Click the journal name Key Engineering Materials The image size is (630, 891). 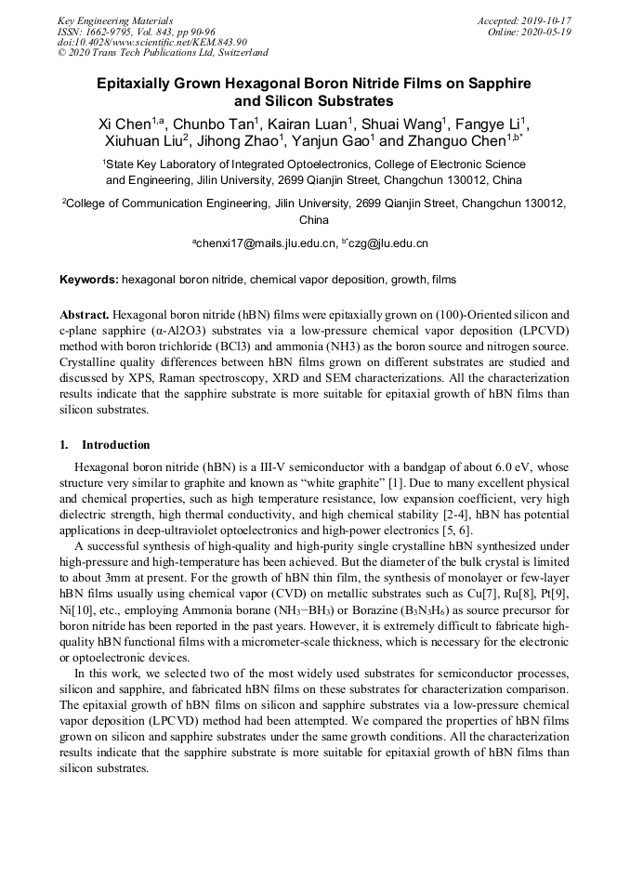click(x=115, y=20)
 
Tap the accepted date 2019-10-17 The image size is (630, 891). click(x=548, y=20)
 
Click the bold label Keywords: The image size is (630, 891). click(x=89, y=279)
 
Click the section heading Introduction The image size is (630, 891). click(x=115, y=444)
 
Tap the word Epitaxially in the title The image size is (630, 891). click(x=142, y=83)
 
